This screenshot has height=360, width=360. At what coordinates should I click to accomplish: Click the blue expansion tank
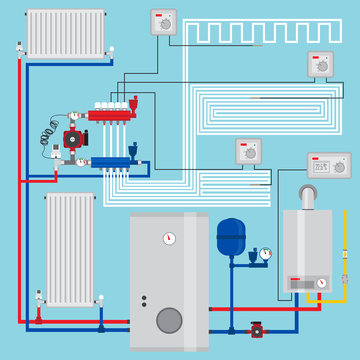point(230,238)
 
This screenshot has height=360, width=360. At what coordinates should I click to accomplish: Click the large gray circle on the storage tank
point(171,320)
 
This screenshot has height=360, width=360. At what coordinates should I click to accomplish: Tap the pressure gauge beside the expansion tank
point(264,253)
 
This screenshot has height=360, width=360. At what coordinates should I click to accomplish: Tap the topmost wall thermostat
point(162,22)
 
